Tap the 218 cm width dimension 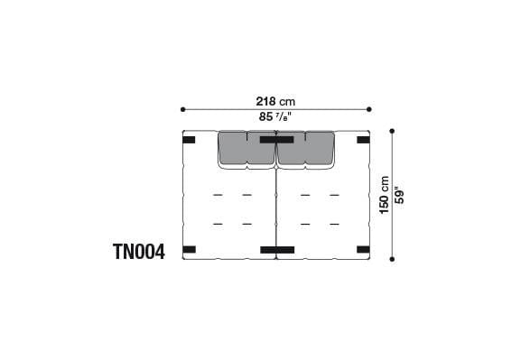click(275, 102)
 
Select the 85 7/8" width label click(275, 116)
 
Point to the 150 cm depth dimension click(384, 193)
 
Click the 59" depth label click(398, 193)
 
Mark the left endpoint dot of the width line click(182, 109)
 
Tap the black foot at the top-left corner click(189, 140)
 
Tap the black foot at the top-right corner click(363, 140)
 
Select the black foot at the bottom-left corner click(189, 249)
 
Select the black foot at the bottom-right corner click(363, 249)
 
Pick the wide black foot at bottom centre click(276, 249)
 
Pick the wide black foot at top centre click(276, 140)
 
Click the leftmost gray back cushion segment click(232, 149)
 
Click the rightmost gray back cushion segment click(320, 149)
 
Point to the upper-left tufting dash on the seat click(217, 195)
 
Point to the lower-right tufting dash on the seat click(335, 224)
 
